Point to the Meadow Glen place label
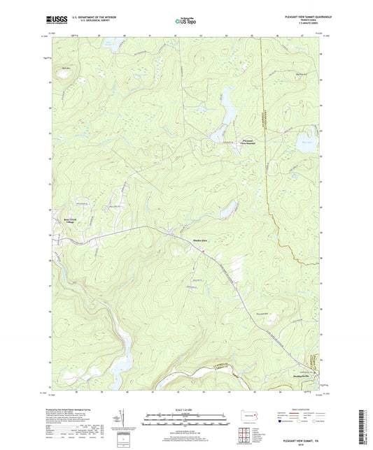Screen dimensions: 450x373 (202, 241)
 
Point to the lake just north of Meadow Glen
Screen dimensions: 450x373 (226, 210)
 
